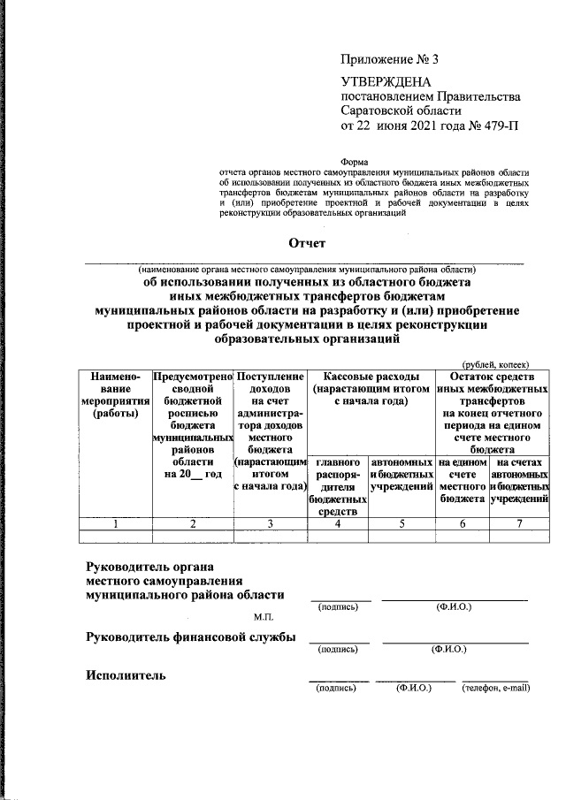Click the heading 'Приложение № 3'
[x=389, y=60]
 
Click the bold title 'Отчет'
[x=307, y=243]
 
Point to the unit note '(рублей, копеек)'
[x=495, y=362]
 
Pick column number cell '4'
[x=337, y=523]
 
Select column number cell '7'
[x=521, y=523]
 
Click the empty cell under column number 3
[x=269, y=536]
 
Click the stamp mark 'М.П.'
[x=264, y=615]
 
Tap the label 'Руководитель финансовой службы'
[x=190, y=637]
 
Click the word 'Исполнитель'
[x=126, y=676]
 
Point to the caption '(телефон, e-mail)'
[x=495, y=688]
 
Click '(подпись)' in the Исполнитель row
[x=336, y=688]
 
